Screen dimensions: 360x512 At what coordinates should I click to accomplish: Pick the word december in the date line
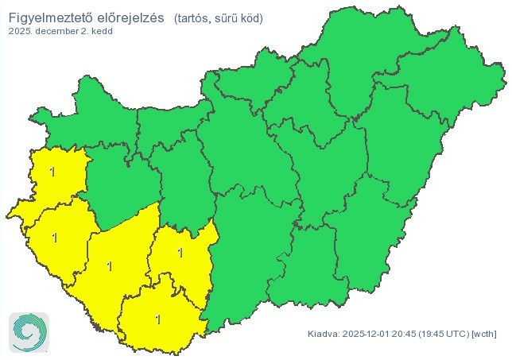coord(61,32)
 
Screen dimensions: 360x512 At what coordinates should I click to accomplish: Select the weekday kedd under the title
coord(103,32)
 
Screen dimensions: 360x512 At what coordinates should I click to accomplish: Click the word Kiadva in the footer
coord(323,334)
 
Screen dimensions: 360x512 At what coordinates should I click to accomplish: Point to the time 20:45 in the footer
coord(409,334)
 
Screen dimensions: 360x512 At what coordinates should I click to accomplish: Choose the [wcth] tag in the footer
coord(486,334)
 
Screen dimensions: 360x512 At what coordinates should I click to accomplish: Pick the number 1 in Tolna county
coord(180,253)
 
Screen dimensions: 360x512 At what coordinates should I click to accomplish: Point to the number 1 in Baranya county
coord(157,319)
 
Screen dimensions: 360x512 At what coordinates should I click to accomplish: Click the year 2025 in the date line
coord(21,32)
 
